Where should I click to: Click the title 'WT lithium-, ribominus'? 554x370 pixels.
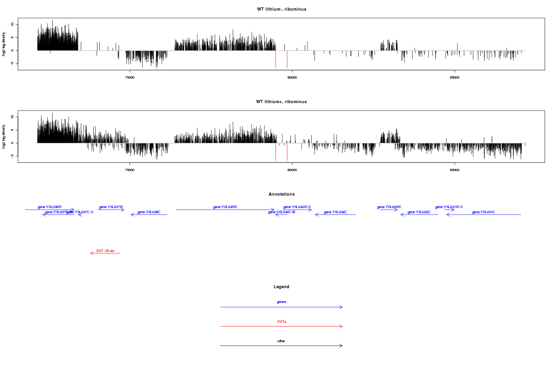coord(282,9)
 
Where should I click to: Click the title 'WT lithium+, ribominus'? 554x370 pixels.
coord(282,102)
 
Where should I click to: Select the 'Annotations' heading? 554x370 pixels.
coord(282,194)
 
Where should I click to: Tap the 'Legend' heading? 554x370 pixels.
coord(282,287)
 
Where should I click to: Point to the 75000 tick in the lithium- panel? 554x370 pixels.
coord(130,78)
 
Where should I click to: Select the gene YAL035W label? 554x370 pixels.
coord(225,207)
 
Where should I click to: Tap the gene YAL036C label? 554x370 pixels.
coord(149,212)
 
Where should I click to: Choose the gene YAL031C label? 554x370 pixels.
coord(483,212)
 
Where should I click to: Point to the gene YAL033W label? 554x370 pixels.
coord(389,207)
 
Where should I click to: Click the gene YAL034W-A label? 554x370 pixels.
coord(297,207)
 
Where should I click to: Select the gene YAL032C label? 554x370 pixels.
coord(419,212)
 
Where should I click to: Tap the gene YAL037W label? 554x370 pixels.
coord(111,207)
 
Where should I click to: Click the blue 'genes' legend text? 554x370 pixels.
coord(282,302)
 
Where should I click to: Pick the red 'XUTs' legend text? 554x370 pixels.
coord(282,321)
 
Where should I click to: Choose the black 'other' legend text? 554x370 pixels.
coord(282,341)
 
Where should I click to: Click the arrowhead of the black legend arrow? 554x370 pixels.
coord(342,345)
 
